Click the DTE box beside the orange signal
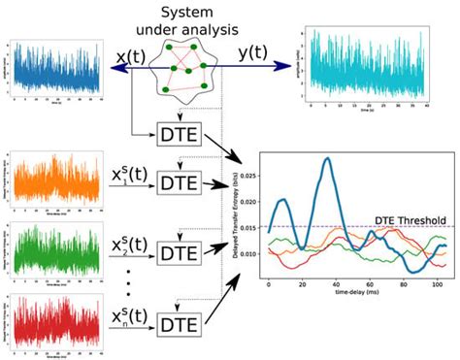point(179,181)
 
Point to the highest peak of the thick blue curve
point(327,159)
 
